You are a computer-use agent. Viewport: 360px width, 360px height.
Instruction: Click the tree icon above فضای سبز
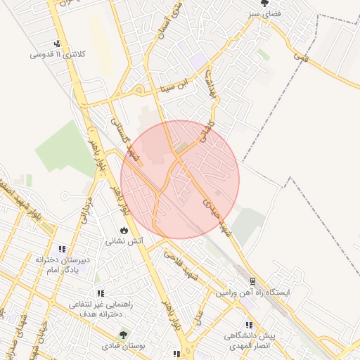[x=264, y=4]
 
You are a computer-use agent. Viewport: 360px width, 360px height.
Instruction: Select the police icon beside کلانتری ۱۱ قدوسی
[x=57, y=44]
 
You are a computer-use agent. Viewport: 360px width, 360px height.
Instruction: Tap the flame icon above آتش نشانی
[x=124, y=230]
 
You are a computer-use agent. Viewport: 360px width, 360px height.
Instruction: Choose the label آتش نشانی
[x=124, y=240]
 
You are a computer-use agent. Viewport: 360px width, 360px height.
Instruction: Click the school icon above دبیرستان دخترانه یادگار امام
[x=62, y=249]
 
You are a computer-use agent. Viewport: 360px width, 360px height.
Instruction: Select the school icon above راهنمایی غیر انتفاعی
[x=101, y=294]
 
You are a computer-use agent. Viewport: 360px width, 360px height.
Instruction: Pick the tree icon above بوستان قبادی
[x=124, y=335]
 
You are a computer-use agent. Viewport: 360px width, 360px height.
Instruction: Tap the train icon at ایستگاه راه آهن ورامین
[x=252, y=280]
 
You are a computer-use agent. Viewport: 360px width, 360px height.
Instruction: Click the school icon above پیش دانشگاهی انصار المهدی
[x=249, y=325]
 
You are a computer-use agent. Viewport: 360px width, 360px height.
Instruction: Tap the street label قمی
[x=300, y=51]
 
